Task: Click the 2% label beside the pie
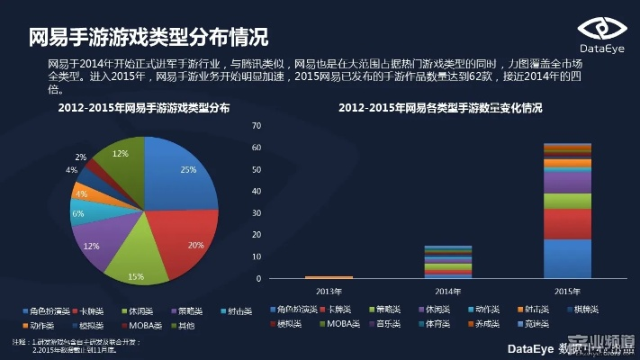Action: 81,157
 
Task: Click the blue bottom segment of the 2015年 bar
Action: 567,259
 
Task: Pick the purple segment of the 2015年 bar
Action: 567,183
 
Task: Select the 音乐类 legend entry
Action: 385,321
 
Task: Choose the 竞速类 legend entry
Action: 536,321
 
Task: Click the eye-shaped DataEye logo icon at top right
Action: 601,29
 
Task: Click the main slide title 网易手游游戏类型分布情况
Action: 149,38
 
